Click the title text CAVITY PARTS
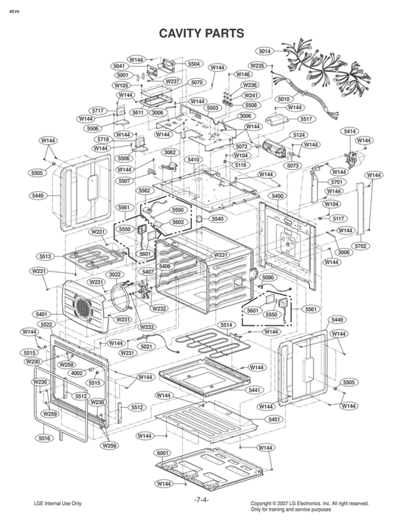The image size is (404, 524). point(201,33)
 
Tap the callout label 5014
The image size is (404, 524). point(265,52)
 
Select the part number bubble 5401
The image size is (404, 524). point(41,314)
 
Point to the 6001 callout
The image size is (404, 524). point(162,453)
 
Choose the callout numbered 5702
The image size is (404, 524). point(361,246)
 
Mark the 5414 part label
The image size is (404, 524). point(349,131)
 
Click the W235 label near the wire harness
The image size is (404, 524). point(257,66)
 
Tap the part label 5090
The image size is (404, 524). point(268,278)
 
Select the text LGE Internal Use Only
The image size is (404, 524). point(58,504)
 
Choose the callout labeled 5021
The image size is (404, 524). point(146,347)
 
